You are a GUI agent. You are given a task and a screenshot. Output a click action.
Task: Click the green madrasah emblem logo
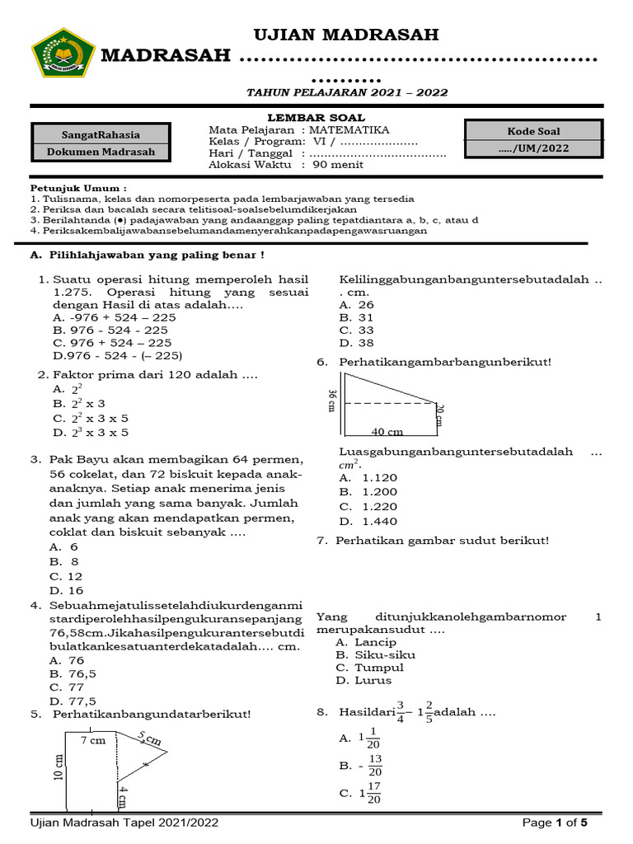63,53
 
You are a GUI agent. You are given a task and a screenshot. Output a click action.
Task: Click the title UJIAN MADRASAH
345,35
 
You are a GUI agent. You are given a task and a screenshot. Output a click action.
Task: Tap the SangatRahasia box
101,134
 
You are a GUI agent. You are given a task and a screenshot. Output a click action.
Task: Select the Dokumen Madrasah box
101,152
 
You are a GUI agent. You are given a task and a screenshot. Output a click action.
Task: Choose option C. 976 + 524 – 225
112,342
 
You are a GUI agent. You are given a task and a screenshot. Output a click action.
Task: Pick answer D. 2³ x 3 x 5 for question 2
91,432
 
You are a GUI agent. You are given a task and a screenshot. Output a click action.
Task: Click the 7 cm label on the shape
93,741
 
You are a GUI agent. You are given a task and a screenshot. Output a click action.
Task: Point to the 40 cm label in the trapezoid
387,432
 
